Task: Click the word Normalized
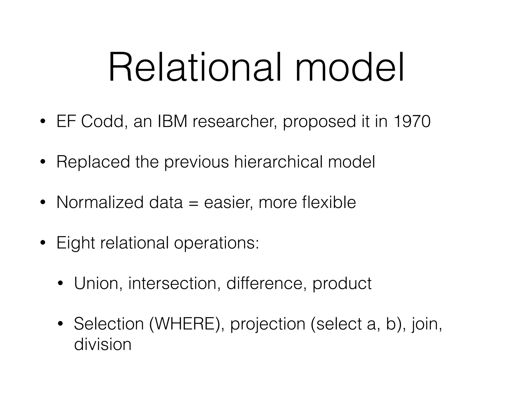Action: click(100, 202)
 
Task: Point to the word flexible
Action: click(329, 202)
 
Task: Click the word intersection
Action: click(173, 283)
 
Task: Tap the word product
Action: click(342, 284)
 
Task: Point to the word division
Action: click(103, 344)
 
